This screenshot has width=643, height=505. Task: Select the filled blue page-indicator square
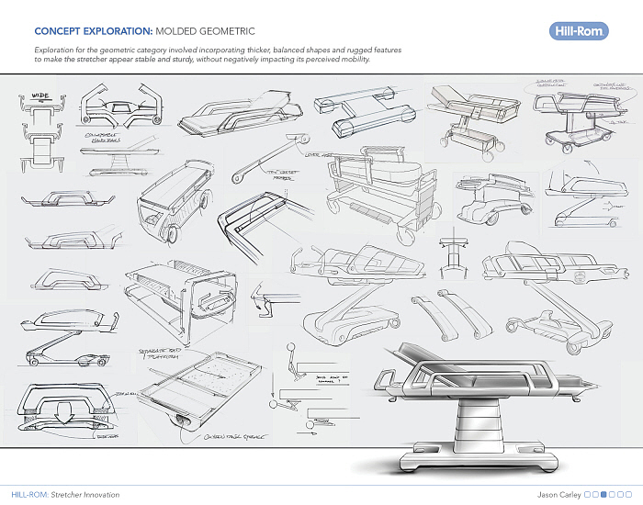point(604,494)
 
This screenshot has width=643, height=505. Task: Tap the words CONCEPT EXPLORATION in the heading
point(77,29)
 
